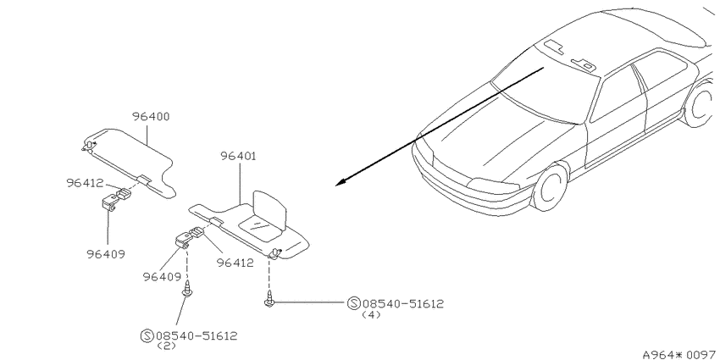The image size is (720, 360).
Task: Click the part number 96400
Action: click(x=151, y=117)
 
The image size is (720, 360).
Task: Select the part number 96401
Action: click(x=238, y=156)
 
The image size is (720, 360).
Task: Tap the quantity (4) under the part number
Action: click(x=371, y=315)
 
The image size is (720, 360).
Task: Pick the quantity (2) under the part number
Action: click(x=166, y=346)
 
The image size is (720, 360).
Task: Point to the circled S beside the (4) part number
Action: click(x=353, y=303)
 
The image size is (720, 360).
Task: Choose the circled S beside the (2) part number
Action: click(x=147, y=335)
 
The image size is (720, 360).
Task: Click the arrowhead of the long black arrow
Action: click(x=341, y=183)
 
